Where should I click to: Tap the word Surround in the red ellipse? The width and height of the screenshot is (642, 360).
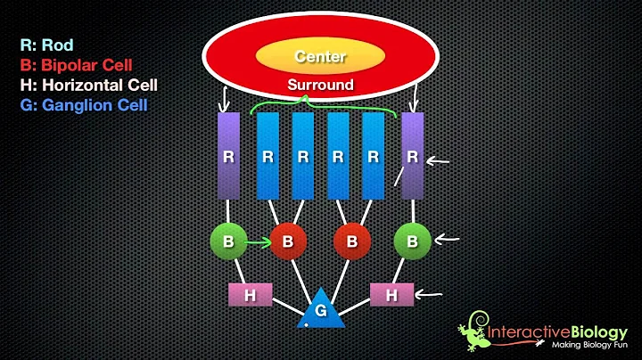(x=319, y=86)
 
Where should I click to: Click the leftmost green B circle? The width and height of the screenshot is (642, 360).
(x=227, y=241)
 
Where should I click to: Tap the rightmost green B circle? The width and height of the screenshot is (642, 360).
(x=412, y=241)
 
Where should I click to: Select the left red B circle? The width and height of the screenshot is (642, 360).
(x=287, y=241)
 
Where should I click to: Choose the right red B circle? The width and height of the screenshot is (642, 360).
(x=352, y=241)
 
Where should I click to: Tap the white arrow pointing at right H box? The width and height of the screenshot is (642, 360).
(x=435, y=292)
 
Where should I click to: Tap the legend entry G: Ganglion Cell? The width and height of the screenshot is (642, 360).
(x=86, y=106)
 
